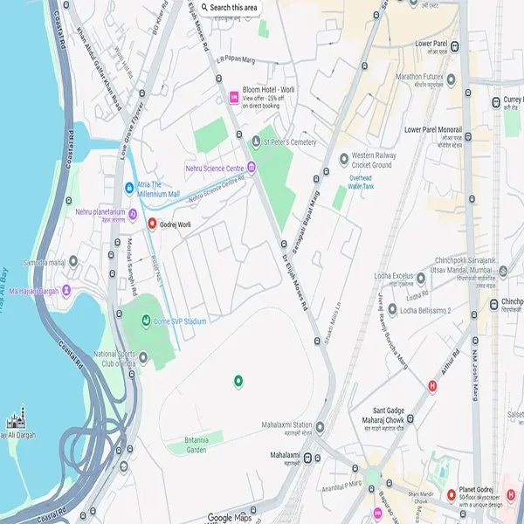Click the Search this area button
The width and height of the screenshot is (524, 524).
point(229,8)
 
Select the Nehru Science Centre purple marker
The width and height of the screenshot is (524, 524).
point(252,167)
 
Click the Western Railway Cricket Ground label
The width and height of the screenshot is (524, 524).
point(371,160)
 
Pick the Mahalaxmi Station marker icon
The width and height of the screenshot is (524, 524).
point(321,427)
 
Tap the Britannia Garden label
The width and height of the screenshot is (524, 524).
point(185,445)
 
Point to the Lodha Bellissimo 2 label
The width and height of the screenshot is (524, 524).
point(425,310)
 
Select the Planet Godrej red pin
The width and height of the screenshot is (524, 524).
point(452,495)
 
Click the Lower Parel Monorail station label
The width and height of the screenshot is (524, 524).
point(433,130)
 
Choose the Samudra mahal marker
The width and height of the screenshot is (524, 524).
point(72,262)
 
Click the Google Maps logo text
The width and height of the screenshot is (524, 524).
point(230,517)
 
